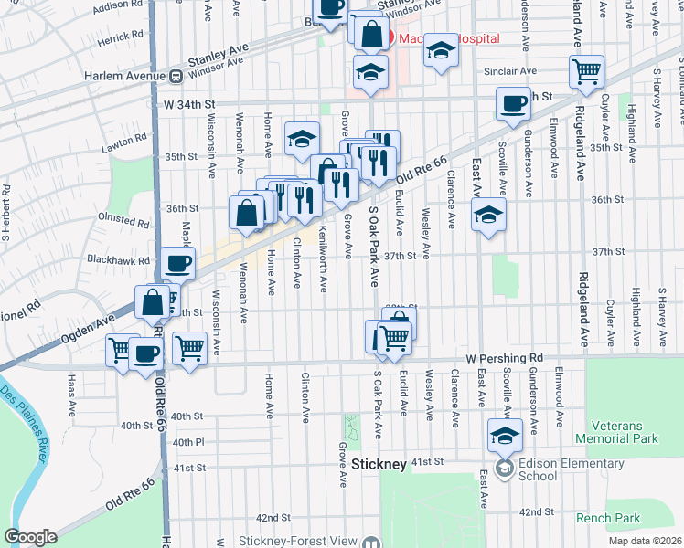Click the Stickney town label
click(379, 465)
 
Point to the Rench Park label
click(609, 518)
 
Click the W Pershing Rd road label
click(504, 358)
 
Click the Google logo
click(30, 537)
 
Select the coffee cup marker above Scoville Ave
click(513, 102)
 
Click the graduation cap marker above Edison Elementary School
click(504, 434)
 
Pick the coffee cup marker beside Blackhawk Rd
click(178, 263)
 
